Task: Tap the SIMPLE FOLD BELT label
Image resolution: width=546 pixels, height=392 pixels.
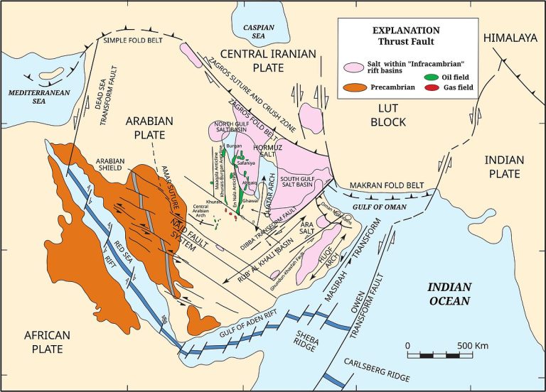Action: click(x=139, y=40)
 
